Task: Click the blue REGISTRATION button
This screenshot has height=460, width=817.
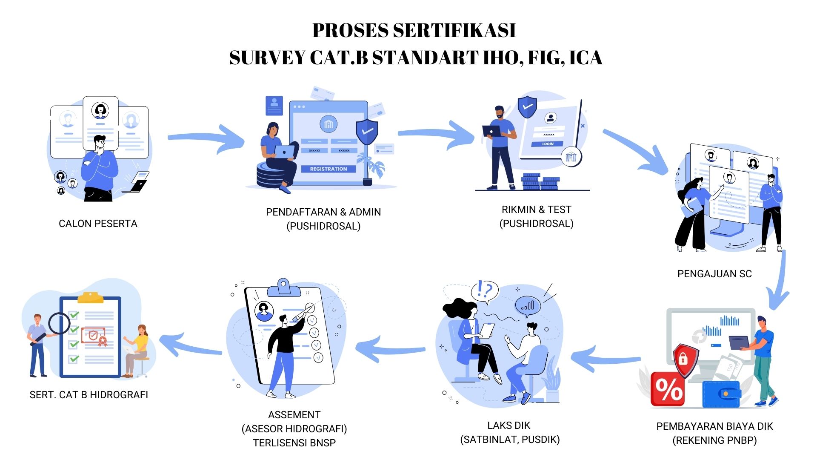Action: click(x=328, y=169)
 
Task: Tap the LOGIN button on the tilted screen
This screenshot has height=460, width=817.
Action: click(x=548, y=144)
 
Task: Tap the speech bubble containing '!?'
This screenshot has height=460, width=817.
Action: click(x=485, y=291)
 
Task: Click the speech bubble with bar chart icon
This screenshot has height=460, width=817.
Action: click(x=528, y=305)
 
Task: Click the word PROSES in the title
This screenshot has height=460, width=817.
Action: click(x=350, y=31)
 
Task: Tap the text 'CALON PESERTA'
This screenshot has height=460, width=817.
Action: click(x=98, y=224)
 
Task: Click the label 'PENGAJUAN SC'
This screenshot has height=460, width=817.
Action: click(x=714, y=274)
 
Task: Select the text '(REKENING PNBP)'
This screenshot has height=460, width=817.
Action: click(x=714, y=440)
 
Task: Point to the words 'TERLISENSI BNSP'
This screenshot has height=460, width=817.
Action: click(x=294, y=443)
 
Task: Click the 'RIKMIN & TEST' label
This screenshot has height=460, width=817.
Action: click(x=536, y=210)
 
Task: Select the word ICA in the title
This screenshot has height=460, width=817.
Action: click(x=586, y=58)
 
